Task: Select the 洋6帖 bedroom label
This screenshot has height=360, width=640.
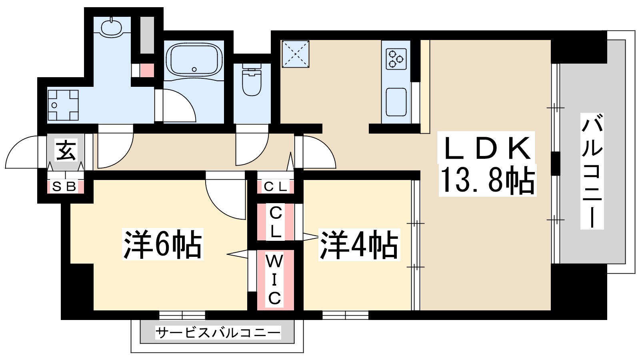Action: [162, 244]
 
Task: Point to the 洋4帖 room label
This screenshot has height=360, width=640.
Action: [359, 244]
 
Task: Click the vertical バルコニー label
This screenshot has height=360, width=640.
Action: [592, 171]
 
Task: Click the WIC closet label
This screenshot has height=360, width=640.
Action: [274, 280]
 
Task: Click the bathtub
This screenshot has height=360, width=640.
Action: [194, 60]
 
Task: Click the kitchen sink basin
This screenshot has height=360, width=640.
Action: [396, 102]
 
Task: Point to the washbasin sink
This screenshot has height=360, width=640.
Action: [111, 27]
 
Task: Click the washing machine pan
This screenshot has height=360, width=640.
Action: [63, 105]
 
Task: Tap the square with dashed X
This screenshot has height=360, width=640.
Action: [295, 54]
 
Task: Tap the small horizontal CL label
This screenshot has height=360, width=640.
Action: [275, 186]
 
